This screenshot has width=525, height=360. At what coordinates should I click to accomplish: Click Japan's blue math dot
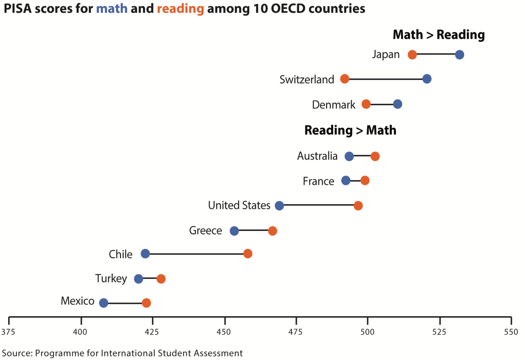click(459, 55)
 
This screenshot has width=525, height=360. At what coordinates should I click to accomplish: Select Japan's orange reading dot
click(412, 55)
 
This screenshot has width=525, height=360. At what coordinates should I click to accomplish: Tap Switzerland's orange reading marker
click(345, 79)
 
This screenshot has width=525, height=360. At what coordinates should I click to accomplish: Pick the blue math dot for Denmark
click(398, 104)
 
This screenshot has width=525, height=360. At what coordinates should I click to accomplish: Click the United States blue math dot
click(279, 206)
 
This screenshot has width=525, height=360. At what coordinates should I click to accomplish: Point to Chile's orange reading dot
click(248, 254)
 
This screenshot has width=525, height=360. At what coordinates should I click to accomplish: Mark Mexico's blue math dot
click(104, 303)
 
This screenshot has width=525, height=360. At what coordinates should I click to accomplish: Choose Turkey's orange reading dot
click(161, 279)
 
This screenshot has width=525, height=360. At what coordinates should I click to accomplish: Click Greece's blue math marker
click(234, 231)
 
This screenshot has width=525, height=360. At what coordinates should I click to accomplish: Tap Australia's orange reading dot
click(375, 156)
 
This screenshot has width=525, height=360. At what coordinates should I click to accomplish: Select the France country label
click(318, 181)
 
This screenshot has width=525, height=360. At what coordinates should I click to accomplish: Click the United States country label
click(239, 205)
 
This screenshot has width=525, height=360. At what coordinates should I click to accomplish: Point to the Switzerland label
click(307, 80)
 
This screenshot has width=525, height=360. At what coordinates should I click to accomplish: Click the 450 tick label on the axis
click(224, 332)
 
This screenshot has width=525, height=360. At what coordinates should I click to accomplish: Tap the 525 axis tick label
click(439, 332)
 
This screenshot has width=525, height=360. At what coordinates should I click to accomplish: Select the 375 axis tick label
click(8, 332)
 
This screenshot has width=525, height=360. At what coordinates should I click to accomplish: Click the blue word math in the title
click(112, 9)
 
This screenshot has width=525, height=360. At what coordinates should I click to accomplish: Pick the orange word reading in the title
click(180, 9)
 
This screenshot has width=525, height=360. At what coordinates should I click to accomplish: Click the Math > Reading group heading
click(439, 35)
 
